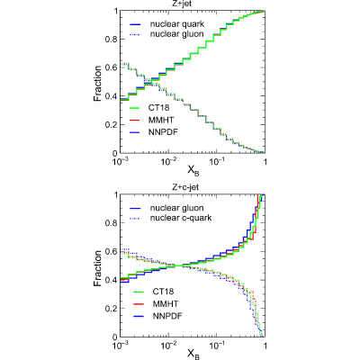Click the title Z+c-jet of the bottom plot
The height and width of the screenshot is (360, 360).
coord(185,187)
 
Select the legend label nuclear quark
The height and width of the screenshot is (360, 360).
coord(177,24)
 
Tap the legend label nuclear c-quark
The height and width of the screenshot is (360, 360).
coord(181,218)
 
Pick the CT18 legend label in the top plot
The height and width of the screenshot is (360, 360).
coord(158,107)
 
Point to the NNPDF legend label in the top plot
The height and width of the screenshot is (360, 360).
coord(163,131)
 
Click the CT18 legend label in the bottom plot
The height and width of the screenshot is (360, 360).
coord(163,292)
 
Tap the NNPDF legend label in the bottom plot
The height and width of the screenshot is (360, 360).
coord(167,316)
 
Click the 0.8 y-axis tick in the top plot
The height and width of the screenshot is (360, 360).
coord(111,40)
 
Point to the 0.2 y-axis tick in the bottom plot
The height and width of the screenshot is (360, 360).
coord(111,309)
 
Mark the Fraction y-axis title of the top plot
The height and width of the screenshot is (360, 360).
coord(98,84)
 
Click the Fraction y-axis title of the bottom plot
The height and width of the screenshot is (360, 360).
coord(98,268)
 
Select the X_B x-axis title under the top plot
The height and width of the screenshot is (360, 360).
coord(193,171)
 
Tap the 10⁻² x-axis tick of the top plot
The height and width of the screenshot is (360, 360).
coord(168,161)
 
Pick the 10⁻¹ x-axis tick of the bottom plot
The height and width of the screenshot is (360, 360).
coord(216,346)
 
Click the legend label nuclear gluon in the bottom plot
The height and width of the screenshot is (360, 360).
coord(177,208)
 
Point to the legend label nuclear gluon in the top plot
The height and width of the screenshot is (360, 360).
coord(177,34)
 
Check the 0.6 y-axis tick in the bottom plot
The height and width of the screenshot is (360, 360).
coord(111,252)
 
